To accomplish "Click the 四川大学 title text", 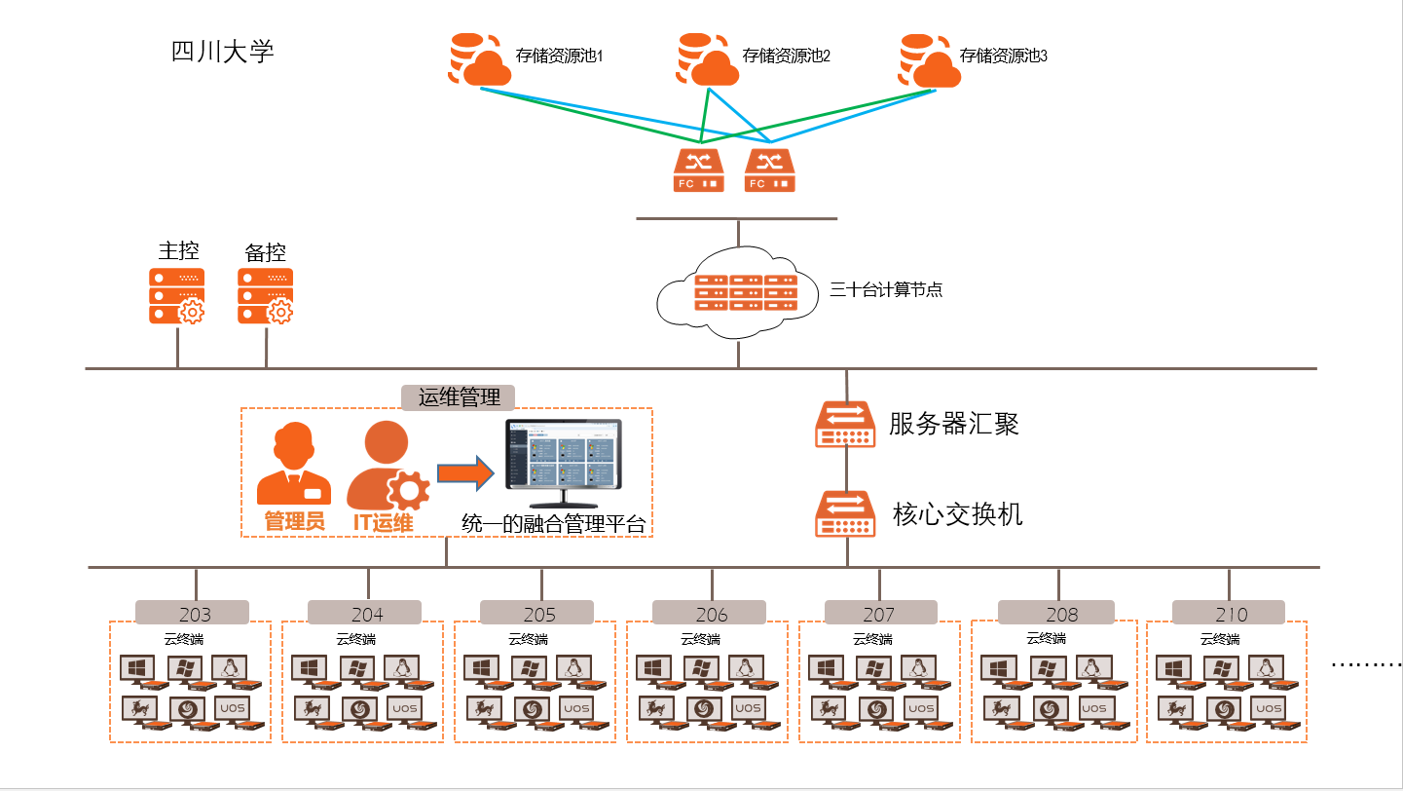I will point(223,52).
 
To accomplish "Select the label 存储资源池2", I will point(786,56).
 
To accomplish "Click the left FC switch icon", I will point(698,169).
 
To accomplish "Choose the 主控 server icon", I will point(177,296).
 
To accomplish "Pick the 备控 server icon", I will point(266,296).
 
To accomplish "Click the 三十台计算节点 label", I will point(885,289).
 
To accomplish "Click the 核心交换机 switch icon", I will point(845,513).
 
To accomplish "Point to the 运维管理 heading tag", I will point(459,396).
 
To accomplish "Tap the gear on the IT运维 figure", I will point(408,489).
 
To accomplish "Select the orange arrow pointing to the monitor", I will point(465,473).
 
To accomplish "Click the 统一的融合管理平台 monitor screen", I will point(564,455).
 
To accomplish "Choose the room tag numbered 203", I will point(193,614).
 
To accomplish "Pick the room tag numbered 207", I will point(880,614).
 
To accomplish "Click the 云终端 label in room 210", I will point(1220,639).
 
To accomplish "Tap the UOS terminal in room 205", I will point(573,709).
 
